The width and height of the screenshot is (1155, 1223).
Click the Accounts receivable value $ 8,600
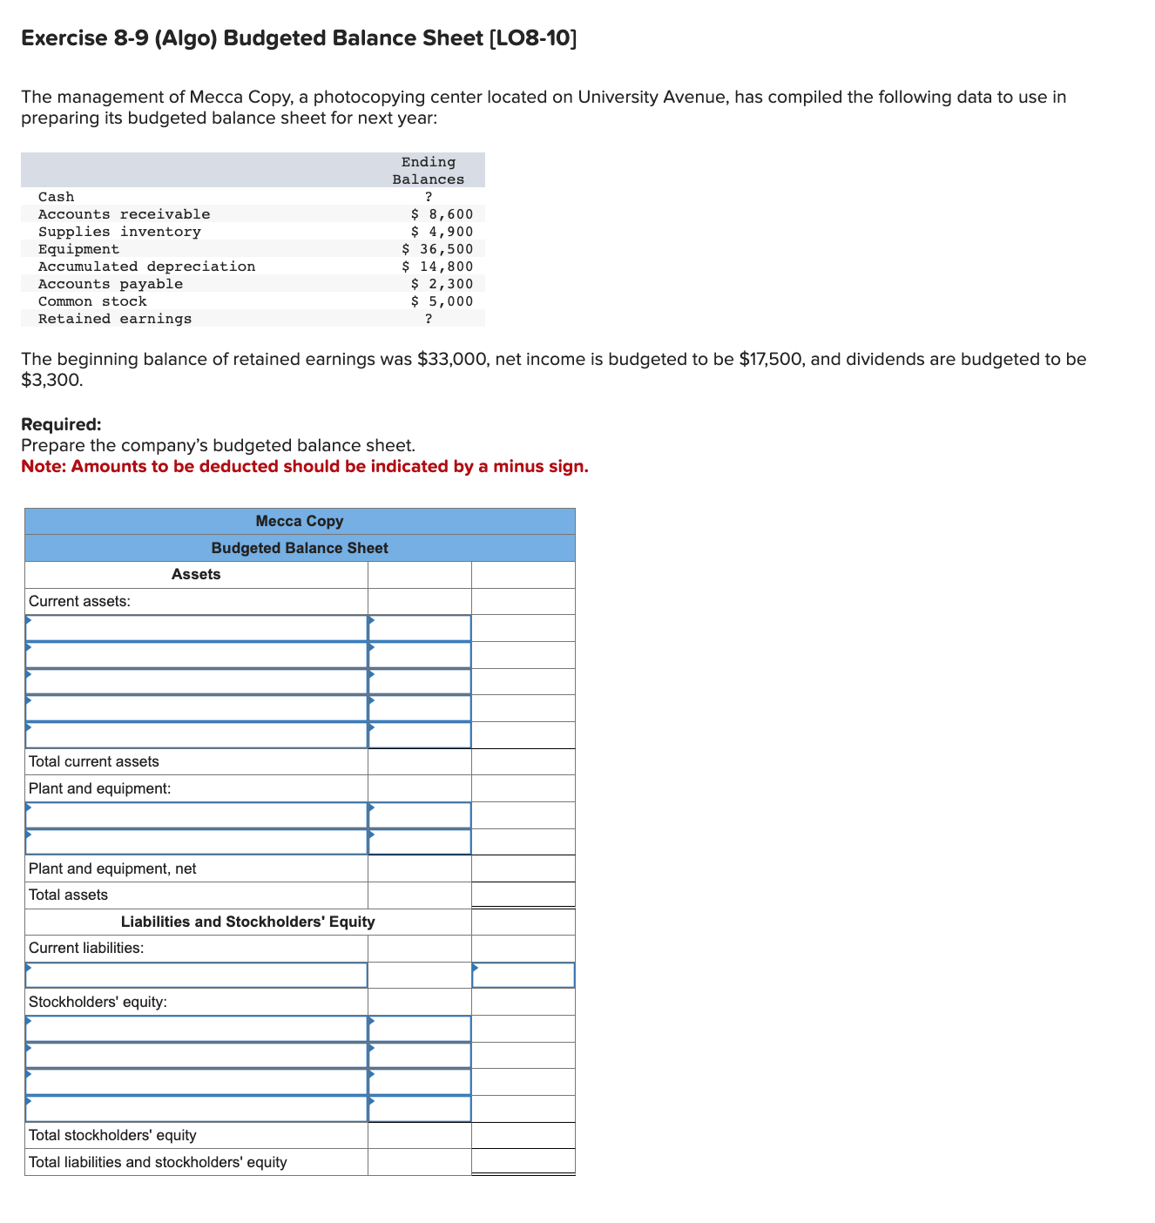tap(442, 214)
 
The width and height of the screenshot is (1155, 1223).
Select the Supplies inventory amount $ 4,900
tap(442, 232)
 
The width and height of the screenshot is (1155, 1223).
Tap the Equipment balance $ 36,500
tap(438, 249)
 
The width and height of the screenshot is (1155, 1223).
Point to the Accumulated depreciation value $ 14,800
tap(438, 267)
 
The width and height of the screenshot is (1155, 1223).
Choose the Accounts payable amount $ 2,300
tap(442, 284)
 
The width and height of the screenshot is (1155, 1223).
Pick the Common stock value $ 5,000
tap(442, 301)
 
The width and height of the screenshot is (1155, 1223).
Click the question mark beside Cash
tap(429, 197)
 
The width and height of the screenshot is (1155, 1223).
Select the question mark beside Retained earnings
tap(429, 319)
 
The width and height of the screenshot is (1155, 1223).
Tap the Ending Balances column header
tap(429, 171)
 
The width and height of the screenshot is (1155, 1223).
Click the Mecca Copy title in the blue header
tap(300, 521)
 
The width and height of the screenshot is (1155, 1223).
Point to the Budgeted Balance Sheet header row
tap(300, 548)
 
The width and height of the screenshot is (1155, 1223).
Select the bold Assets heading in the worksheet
tap(196, 574)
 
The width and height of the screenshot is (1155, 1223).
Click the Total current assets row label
tap(94, 761)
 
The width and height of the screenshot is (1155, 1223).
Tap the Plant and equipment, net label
tap(112, 868)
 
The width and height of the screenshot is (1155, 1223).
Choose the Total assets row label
tap(69, 895)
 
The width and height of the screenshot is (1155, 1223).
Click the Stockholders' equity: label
tap(98, 1002)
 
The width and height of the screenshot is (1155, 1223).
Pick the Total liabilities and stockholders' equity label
tap(158, 1162)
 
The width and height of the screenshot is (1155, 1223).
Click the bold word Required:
tap(61, 425)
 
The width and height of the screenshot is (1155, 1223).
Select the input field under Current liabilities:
tap(196, 976)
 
